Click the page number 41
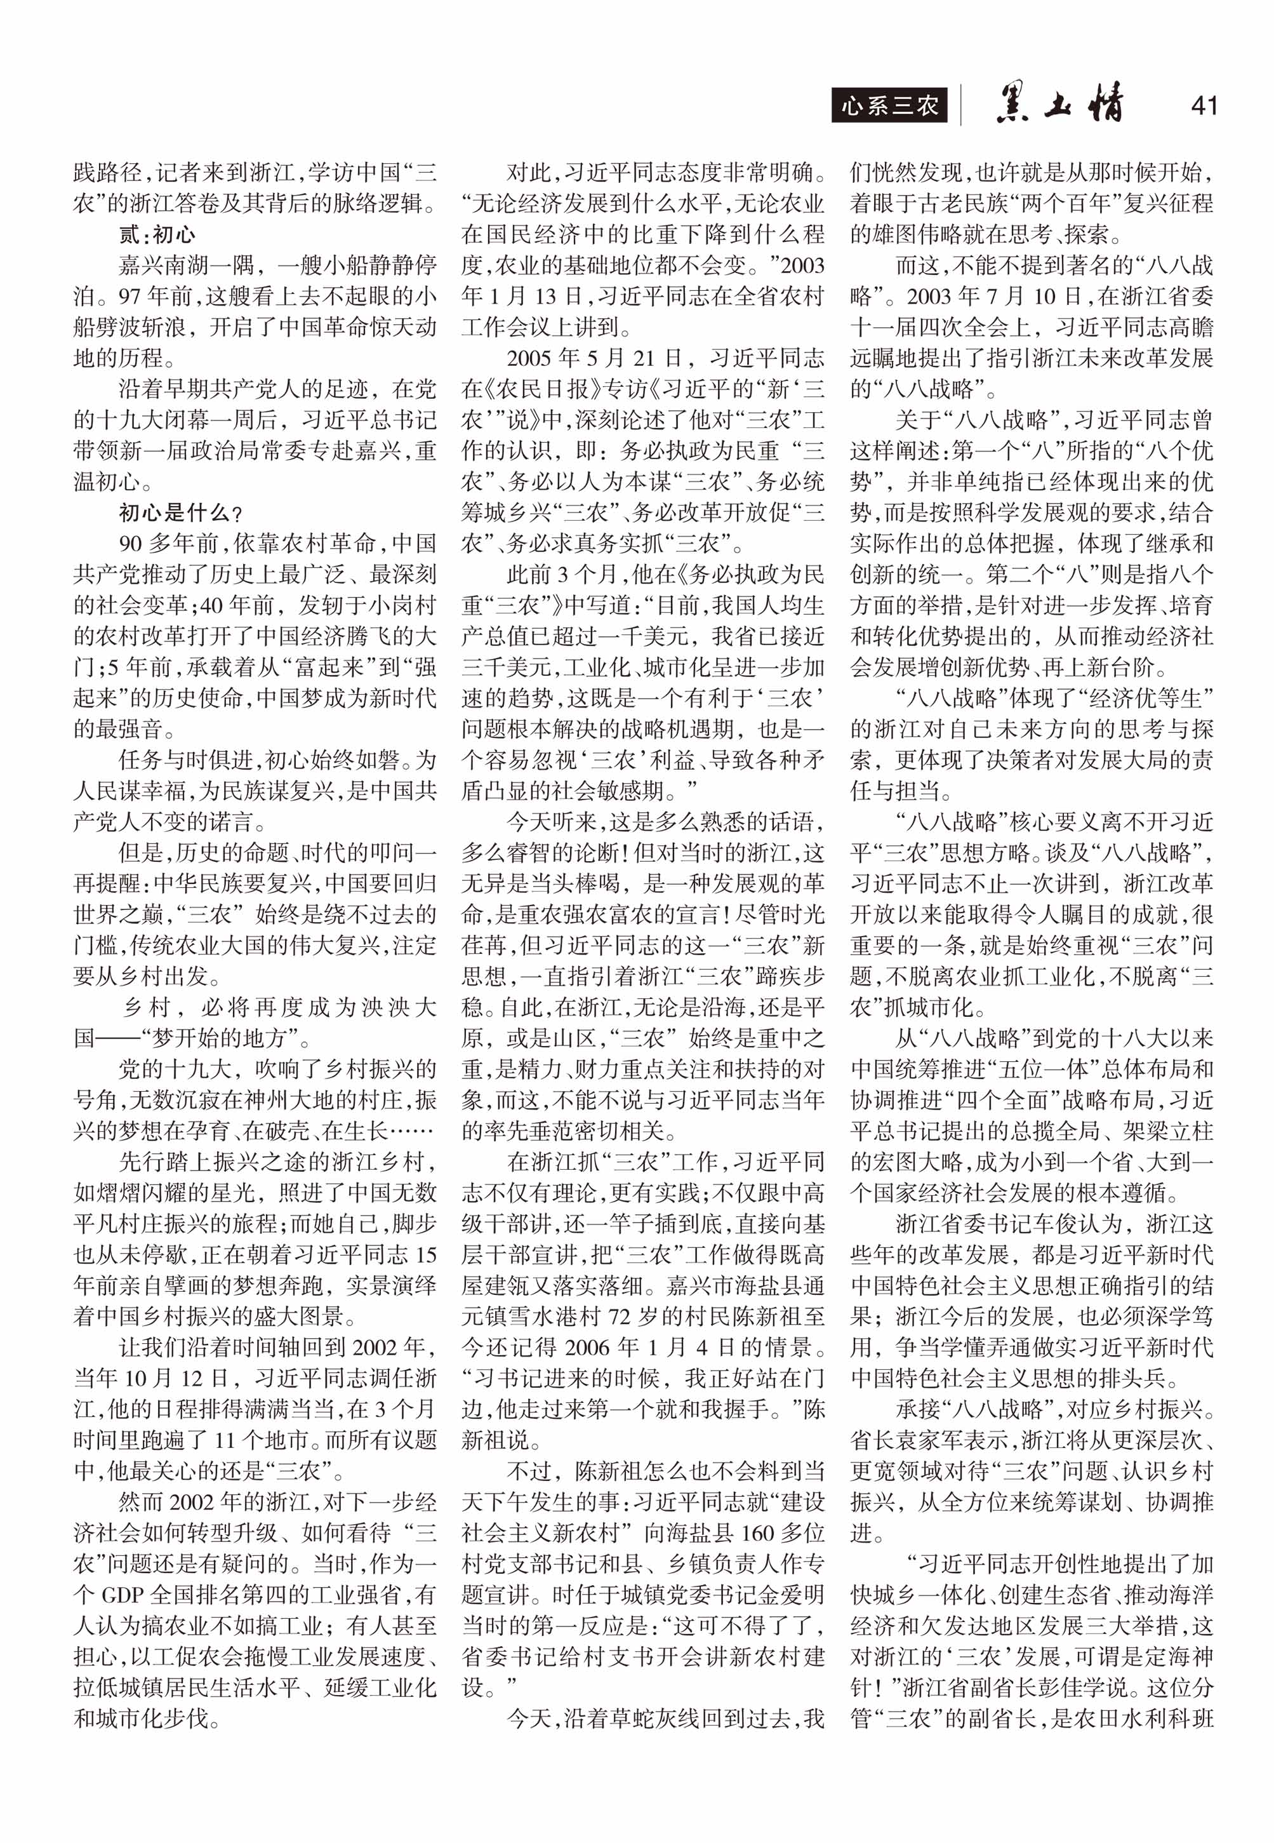(x=1203, y=105)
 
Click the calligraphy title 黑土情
(x=1060, y=105)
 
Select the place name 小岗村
(x=404, y=605)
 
